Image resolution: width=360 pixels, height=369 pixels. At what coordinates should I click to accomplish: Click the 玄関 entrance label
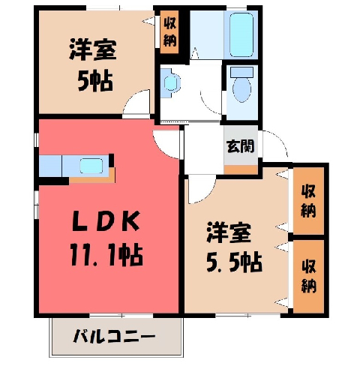point(241,146)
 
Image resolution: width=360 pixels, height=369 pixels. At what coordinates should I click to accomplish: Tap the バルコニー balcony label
point(114,336)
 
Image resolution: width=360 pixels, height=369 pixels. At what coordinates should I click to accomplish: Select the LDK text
point(106,221)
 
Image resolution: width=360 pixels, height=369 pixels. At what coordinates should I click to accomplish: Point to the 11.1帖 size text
point(106,255)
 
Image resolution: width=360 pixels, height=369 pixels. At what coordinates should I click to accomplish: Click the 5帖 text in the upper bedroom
point(95,81)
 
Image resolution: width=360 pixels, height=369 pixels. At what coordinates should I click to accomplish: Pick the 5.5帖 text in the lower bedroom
point(234,262)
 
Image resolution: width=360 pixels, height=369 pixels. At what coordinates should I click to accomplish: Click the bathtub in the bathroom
point(241,34)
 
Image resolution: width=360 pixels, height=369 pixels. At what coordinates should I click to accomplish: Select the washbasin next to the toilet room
point(170,82)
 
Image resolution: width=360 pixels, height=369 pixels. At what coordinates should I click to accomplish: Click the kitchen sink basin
point(91,166)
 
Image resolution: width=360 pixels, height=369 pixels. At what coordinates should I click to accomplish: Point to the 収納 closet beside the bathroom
point(169,32)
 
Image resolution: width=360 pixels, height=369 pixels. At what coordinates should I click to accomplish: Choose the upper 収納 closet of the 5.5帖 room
point(308,201)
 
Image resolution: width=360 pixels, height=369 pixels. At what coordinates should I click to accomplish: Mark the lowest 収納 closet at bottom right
point(308,276)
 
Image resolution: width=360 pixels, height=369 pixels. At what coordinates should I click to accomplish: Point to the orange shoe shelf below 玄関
point(241,170)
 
